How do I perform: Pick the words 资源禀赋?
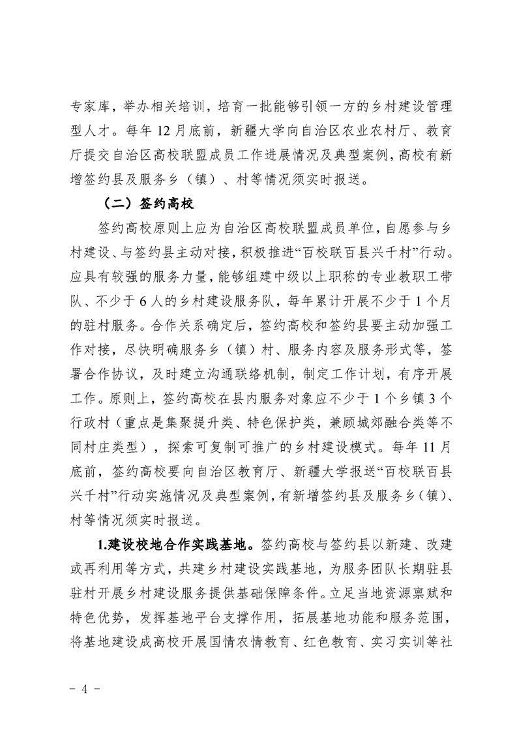(x=413, y=592)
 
